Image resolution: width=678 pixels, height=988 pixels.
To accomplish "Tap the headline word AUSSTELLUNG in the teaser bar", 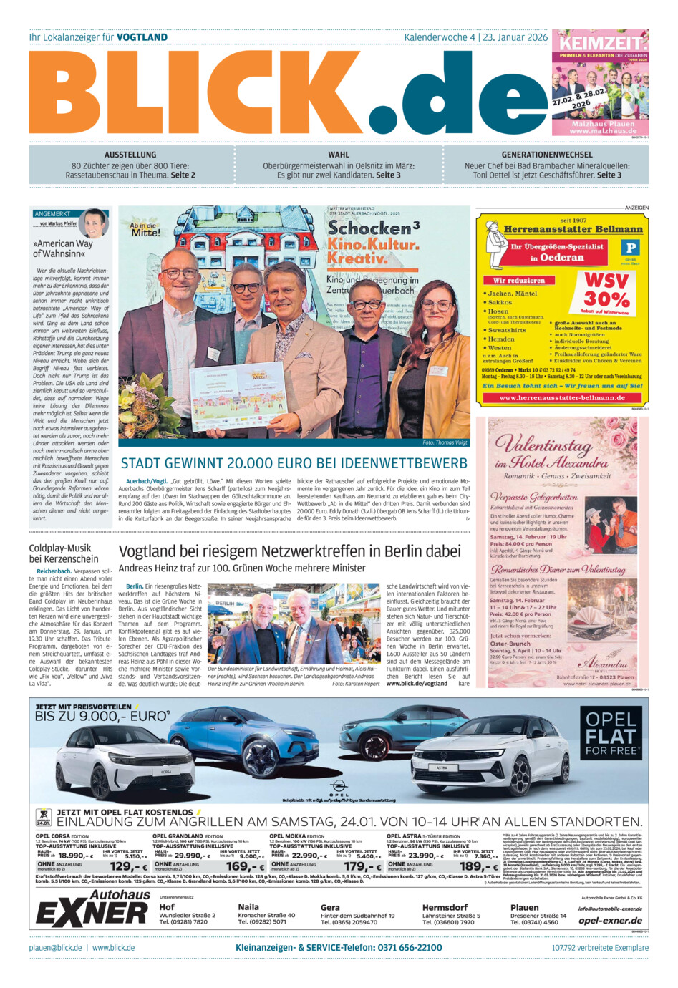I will pos(130,155).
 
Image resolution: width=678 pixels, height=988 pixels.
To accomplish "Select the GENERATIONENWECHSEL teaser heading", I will pos(547,155).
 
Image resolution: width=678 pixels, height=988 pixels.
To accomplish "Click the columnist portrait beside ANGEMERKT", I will pos(94,223).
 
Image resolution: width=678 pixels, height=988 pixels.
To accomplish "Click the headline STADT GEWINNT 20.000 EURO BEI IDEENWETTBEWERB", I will pos(294,463).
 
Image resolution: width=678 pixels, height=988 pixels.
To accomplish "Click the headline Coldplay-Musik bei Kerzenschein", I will pos(64,553).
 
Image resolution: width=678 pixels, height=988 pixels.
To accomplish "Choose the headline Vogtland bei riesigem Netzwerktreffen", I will pos(289,551).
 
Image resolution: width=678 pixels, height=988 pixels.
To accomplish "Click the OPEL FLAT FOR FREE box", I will pos(611,733).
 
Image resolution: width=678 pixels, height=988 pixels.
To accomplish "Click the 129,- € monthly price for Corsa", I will pos(129,867).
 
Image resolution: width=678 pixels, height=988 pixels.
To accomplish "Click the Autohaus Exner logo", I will pos(93,909).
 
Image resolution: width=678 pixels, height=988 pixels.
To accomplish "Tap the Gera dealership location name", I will pos(330,907).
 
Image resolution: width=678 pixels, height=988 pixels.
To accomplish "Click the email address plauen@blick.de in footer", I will pos(56,948).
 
